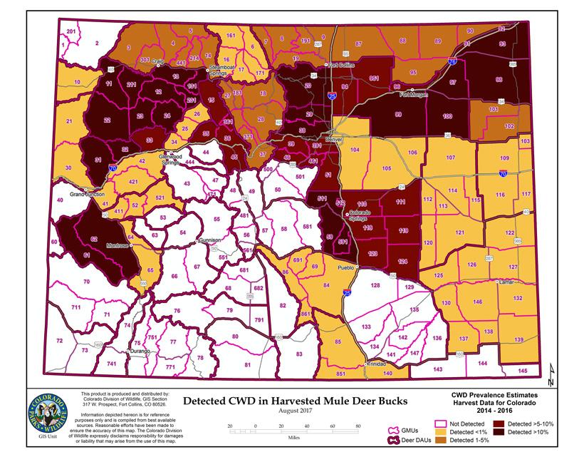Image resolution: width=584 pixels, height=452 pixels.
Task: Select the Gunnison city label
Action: [x=212, y=240]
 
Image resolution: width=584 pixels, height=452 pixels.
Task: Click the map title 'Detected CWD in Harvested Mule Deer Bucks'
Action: [x=296, y=401]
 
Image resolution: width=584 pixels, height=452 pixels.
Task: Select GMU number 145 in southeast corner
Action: [x=523, y=371]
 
